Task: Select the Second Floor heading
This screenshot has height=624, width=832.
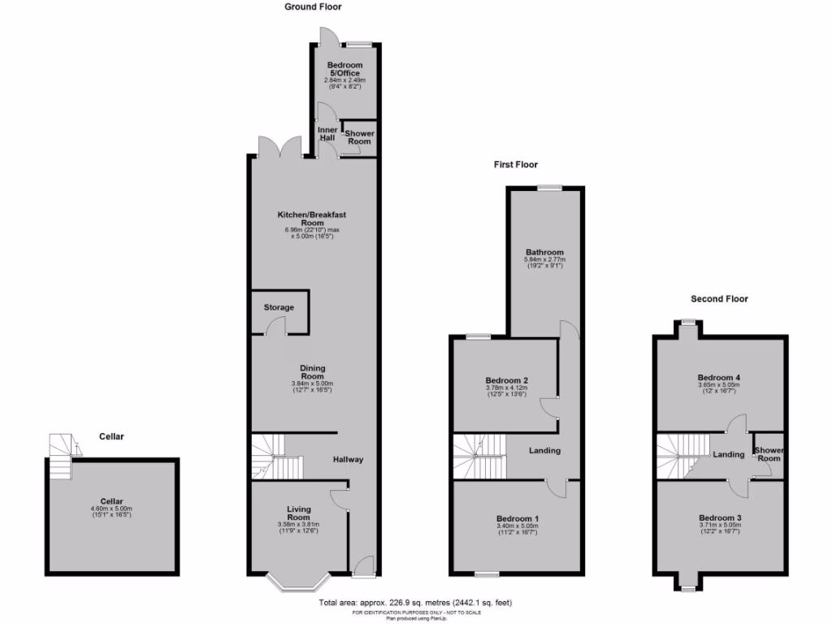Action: (x=719, y=299)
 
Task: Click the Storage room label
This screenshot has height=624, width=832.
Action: (x=279, y=308)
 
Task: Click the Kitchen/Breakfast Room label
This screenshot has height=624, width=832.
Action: (x=313, y=219)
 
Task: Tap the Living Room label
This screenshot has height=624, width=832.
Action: (x=298, y=513)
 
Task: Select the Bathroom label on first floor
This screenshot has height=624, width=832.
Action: (x=544, y=253)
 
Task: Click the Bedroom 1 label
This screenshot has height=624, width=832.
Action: (x=518, y=518)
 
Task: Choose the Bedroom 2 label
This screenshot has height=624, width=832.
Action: (x=507, y=380)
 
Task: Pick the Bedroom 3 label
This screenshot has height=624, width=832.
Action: (x=720, y=518)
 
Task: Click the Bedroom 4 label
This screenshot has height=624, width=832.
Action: (x=719, y=378)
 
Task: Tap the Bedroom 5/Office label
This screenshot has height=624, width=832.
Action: (x=345, y=69)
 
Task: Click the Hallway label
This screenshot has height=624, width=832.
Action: (x=348, y=460)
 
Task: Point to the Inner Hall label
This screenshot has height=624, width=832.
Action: (x=327, y=133)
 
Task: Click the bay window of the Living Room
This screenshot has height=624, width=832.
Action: (x=298, y=583)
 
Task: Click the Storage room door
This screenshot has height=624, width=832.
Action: (x=279, y=327)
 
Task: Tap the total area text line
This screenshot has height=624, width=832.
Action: (x=415, y=603)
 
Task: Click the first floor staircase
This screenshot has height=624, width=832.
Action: (x=479, y=457)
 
